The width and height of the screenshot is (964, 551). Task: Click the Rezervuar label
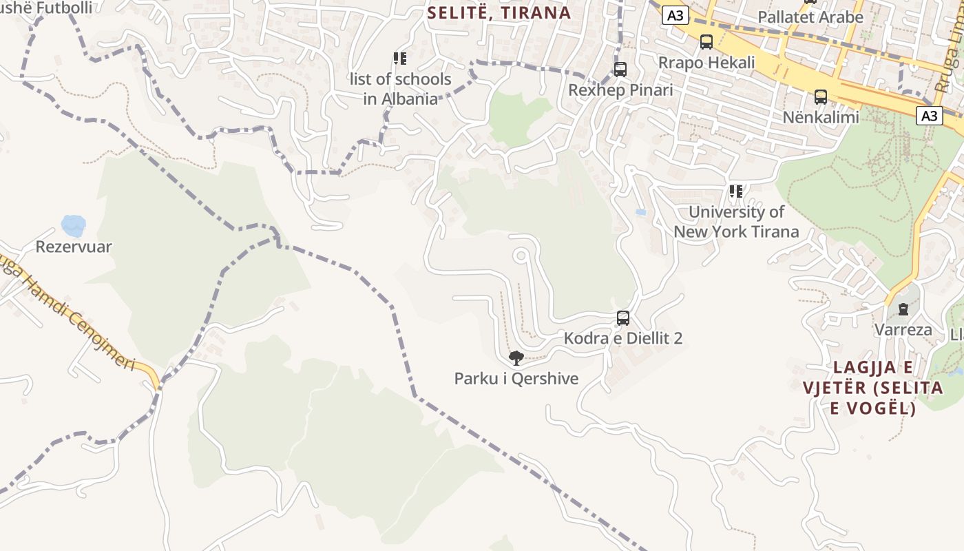coord(74,247)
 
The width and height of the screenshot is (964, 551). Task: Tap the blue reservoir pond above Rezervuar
coord(73,225)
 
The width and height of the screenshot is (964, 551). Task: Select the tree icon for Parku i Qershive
coord(516,357)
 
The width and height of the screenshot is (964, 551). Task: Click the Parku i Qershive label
coord(516,379)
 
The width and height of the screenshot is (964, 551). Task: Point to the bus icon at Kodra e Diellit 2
coord(623,318)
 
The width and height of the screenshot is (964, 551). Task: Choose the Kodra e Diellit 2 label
coord(623,338)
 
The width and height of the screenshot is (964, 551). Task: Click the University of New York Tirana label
coord(736,222)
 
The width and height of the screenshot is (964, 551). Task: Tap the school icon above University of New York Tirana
coord(736,191)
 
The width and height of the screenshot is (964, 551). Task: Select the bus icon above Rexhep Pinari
coord(620,70)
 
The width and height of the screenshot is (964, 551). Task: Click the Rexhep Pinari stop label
coord(620,90)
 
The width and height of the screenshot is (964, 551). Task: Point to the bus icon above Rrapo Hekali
coord(706,42)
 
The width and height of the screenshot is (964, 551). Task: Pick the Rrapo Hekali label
coord(706,62)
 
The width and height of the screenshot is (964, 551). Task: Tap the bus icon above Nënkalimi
coord(820,97)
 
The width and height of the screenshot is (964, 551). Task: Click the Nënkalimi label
coord(820,117)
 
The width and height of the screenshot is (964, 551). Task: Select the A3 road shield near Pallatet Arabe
coord(676,15)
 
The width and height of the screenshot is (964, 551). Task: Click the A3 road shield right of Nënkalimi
coord(930,115)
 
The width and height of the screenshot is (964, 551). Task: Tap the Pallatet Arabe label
coord(810,17)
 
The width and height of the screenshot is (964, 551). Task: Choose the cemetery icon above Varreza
coord(903,309)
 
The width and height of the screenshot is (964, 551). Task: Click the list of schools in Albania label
coord(400,89)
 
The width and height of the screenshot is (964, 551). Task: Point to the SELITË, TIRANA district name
coord(499,12)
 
